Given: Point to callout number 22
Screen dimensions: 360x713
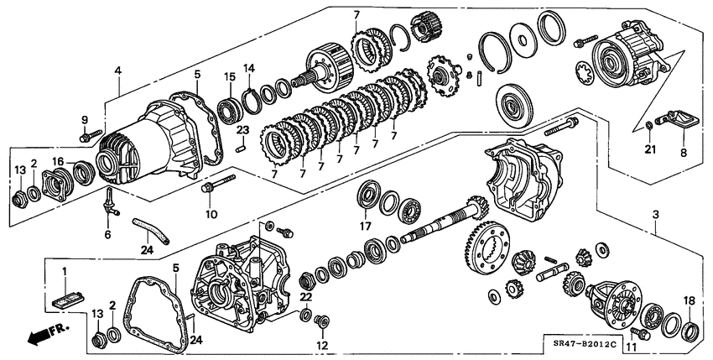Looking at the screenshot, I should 305,297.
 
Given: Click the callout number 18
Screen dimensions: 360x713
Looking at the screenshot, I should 690,300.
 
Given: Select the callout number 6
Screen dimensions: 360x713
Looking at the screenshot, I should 107,234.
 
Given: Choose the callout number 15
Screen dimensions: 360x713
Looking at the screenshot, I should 228,78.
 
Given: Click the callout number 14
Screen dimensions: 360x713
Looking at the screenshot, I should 248,68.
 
